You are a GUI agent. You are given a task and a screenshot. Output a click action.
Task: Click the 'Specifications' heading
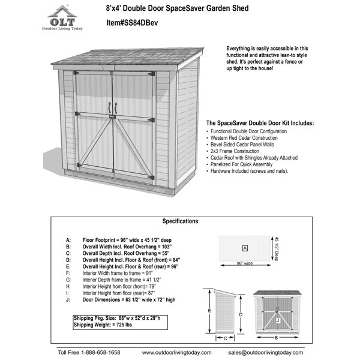(x=181, y=221)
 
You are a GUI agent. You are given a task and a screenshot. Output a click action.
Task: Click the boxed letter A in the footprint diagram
(x=245, y=248)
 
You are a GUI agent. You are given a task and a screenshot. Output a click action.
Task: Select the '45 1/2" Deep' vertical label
(x=277, y=247)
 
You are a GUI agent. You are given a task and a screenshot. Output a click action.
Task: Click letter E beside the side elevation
(x=209, y=311)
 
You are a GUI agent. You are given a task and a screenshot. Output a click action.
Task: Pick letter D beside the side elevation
(x=240, y=314)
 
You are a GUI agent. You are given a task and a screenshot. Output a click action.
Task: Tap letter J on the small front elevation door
(x=277, y=321)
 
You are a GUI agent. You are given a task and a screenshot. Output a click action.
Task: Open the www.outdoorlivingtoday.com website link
(x=177, y=352)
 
